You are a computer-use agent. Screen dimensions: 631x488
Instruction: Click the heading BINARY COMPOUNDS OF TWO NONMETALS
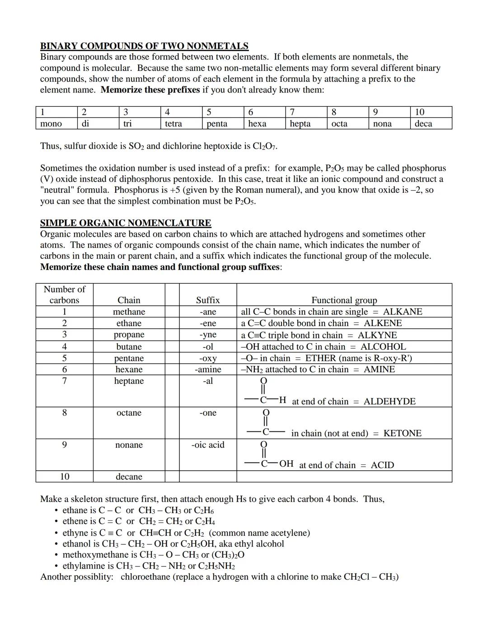pyautogui.click(x=144, y=46)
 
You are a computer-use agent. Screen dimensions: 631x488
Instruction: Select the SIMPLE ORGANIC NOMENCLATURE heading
pyautogui.click(x=126, y=223)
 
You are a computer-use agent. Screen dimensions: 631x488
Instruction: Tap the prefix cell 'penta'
pyautogui.click(x=217, y=124)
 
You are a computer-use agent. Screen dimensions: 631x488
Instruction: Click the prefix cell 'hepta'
pyautogui.click(x=300, y=124)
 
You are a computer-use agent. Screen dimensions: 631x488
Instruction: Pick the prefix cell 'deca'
pyautogui.click(x=423, y=124)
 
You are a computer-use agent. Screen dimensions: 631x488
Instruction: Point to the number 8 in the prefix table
pyautogui.click(x=334, y=112)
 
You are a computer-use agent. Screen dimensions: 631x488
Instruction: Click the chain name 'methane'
pyautogui.click(x=129, y=312)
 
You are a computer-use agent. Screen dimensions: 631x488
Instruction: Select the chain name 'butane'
pyautogui.click(x=129, y=347)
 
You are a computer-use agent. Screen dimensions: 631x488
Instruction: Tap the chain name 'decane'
pyautogui.click(x=129, y=477)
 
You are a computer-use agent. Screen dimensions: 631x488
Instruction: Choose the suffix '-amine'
pyautogui.click(x=208, y=369)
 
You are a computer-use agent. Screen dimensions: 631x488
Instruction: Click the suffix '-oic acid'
pyautogui.click(x=208, y=445)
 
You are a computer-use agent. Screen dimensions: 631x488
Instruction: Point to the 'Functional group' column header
pyautogui.click(x=344, y=300)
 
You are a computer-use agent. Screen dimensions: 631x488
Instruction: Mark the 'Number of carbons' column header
pyautogui.click(x=64, y=294)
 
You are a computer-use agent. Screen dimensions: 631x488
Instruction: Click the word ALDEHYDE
pyautogui.click(x=389, y=402)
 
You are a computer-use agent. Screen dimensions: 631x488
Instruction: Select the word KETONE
pyautogui.click(x=402, y=434)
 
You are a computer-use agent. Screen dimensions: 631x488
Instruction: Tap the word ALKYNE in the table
pyautogui.click(x=377, y=335)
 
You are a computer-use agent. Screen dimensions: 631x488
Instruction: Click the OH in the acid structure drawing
pyautogui.click(x=286, y=464)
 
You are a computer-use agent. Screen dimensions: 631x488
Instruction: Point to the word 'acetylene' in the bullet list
pyautogui.click(x=287, y=533)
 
